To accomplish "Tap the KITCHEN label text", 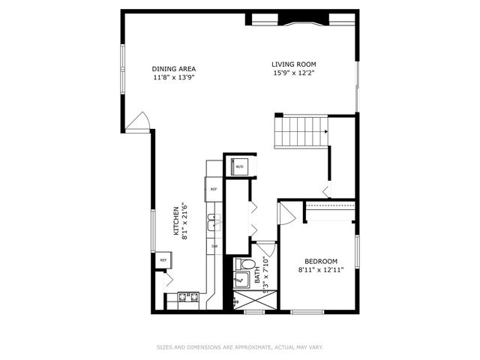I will coord(178,221).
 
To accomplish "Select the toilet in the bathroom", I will coord(247,265).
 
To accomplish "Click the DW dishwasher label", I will coord(214,246).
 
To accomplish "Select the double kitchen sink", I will coord(213,220).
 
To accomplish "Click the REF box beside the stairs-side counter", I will coord(214,190).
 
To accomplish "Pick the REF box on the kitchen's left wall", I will coord(163,260).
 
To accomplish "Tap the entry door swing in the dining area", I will coord(139,122).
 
